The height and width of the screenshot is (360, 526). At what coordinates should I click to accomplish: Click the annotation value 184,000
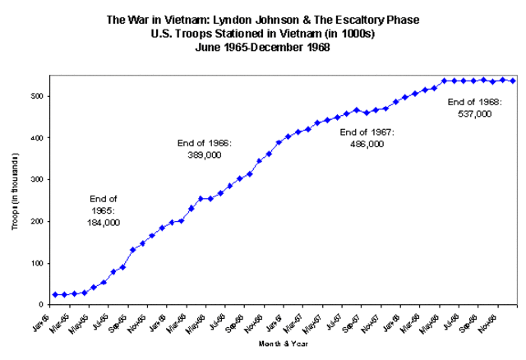tap(104, 223)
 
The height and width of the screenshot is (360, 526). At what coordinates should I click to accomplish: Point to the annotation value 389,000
tap(205, 155)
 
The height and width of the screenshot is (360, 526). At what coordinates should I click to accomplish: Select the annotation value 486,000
tap(367, 143)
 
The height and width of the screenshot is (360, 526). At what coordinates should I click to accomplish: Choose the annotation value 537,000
tap(474, 114)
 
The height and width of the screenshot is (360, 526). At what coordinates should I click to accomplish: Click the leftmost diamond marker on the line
tap(55, 294)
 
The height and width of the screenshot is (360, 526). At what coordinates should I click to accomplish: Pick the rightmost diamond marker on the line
tap(513, 81)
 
